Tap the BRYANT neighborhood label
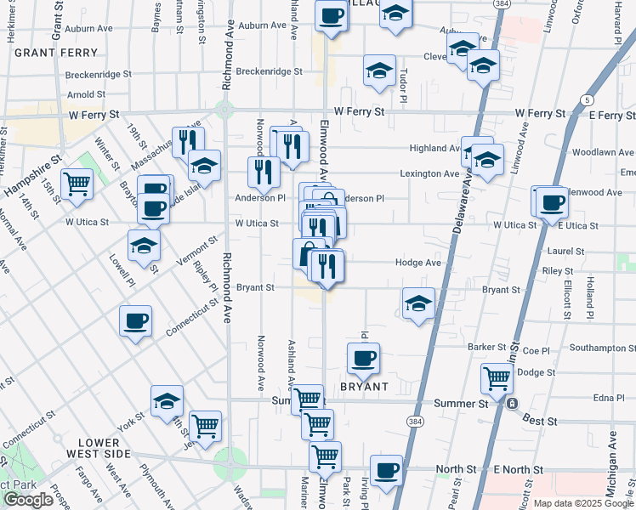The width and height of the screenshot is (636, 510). pyautogui.click(x=365, y=387)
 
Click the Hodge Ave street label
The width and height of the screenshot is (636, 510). pyautogui.click(x=418, y=263)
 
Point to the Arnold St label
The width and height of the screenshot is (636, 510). pyautogui.click(x=86, y=95)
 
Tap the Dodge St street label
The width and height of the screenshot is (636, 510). pyautogui.click(x=536, y=372)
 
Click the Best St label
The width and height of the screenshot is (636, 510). pyautogui.click(x=540, y=421)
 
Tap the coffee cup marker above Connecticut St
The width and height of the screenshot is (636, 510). pyautogui.click(x=135, y=320)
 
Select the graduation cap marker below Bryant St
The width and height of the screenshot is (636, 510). pyautogui.click(x=418, y=303)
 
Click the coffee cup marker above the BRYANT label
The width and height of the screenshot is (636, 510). pyautogui.click(x=364, y=357)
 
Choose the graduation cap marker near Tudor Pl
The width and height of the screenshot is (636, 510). pyautogui.click(x=379, y=70)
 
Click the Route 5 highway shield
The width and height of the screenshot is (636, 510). pyautogui.click(x=588, y=100)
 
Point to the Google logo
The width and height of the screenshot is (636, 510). pyautogui.click(x=29, y=500)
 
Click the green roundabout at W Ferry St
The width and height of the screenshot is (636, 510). pyautogui.click(x=224, y=110)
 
